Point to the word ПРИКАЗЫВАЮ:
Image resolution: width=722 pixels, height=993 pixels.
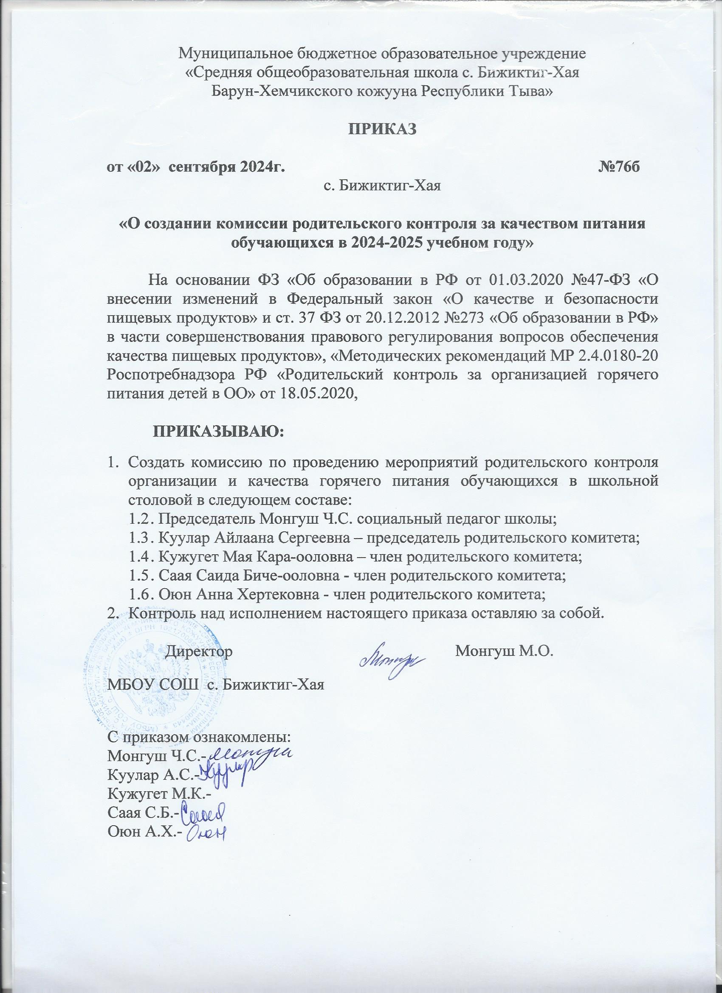point(218,432)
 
